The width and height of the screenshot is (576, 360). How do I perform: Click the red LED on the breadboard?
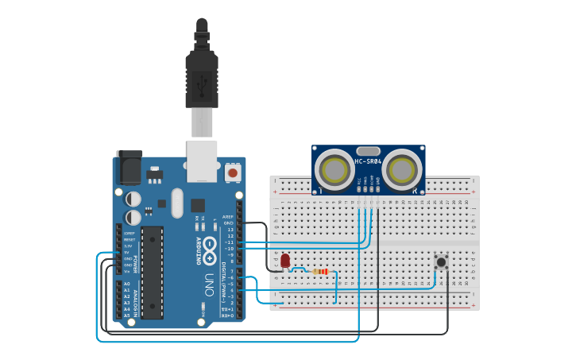click(x=285, y=260)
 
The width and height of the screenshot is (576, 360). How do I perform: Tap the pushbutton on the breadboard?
click(x=440, y=261)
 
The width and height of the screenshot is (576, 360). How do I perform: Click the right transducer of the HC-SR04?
click(x=404, y=169)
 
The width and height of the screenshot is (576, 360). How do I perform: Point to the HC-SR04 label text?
click(x=368, y=161)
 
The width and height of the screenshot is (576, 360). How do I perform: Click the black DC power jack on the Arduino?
click(x=129, y=168)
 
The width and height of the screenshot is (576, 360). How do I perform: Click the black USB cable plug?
click(x=202, y=79)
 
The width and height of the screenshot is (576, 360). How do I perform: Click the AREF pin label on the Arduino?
click(x=229, y=216)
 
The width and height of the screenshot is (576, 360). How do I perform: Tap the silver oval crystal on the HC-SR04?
click(x=368, y=150)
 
